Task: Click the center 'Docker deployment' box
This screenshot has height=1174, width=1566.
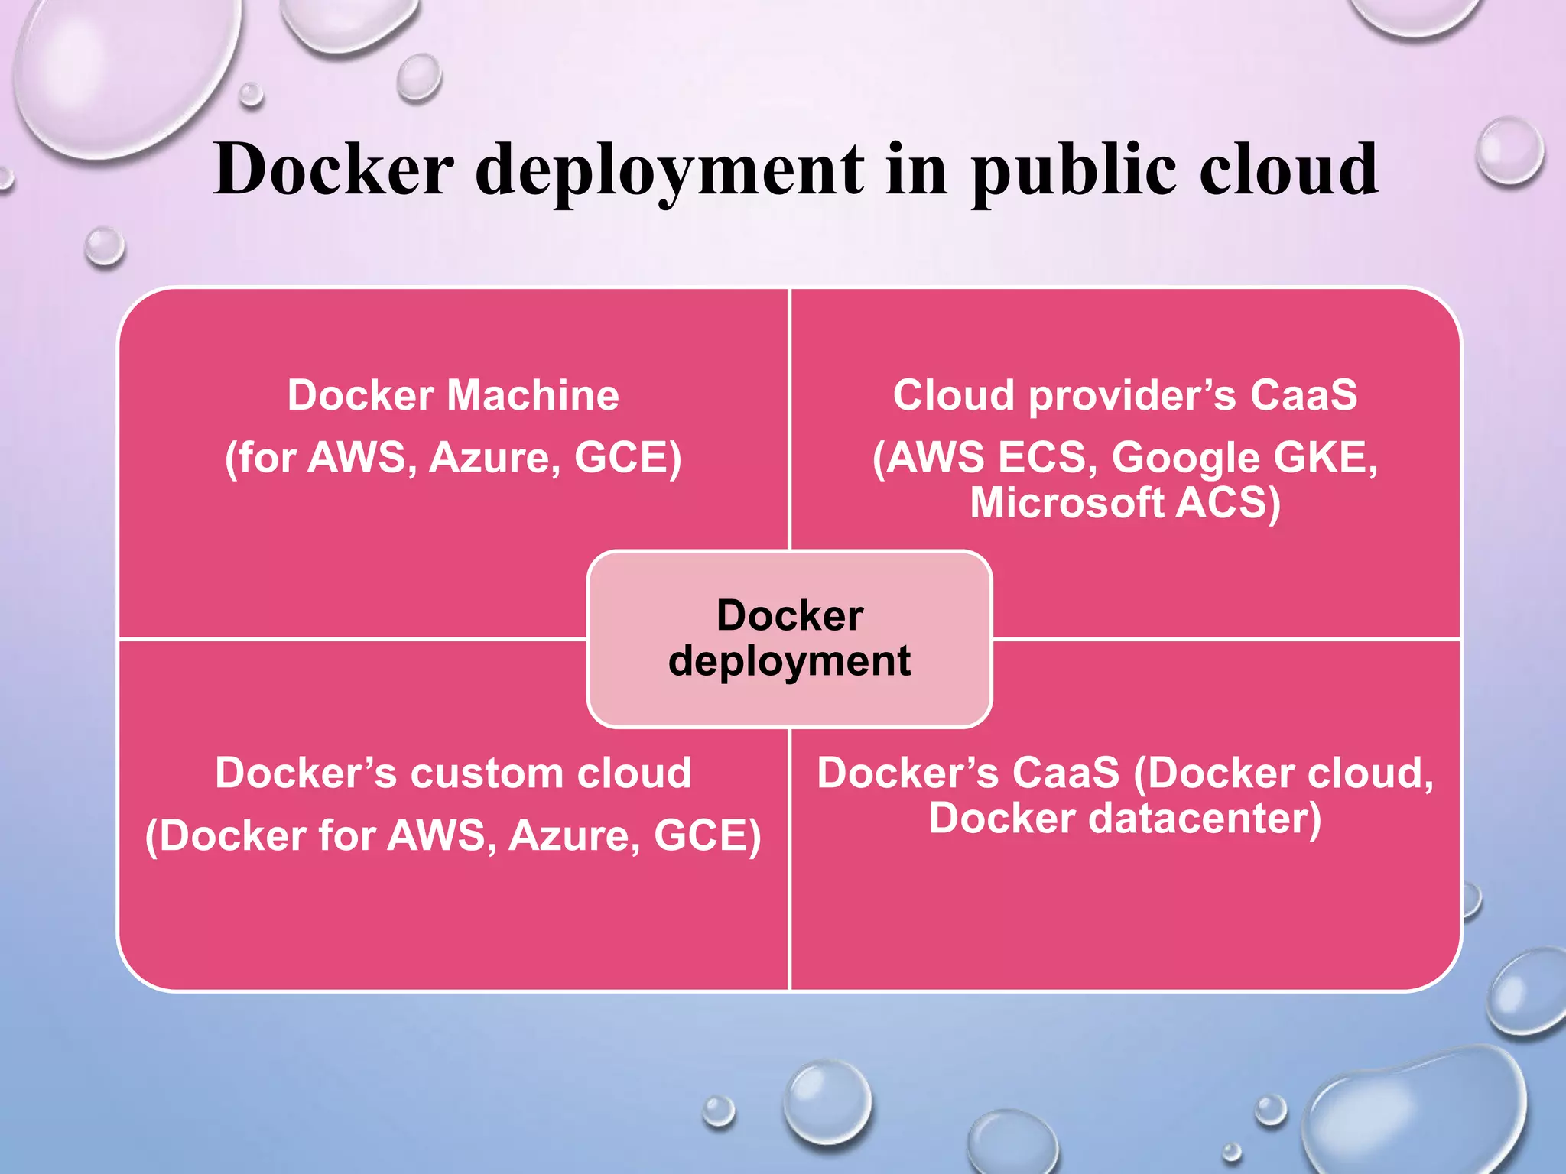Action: (x=789, y=638)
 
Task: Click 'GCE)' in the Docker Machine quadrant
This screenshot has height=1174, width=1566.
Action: (x=628, y=458)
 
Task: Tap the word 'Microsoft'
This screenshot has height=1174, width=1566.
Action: (x=1067, y=503)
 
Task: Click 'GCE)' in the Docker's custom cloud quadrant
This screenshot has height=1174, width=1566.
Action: (x=707, y=835)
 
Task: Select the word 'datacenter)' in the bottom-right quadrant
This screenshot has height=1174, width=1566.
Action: (x=1204, y=818)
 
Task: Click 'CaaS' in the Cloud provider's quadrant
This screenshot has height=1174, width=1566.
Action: (x=1304, y=395)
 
